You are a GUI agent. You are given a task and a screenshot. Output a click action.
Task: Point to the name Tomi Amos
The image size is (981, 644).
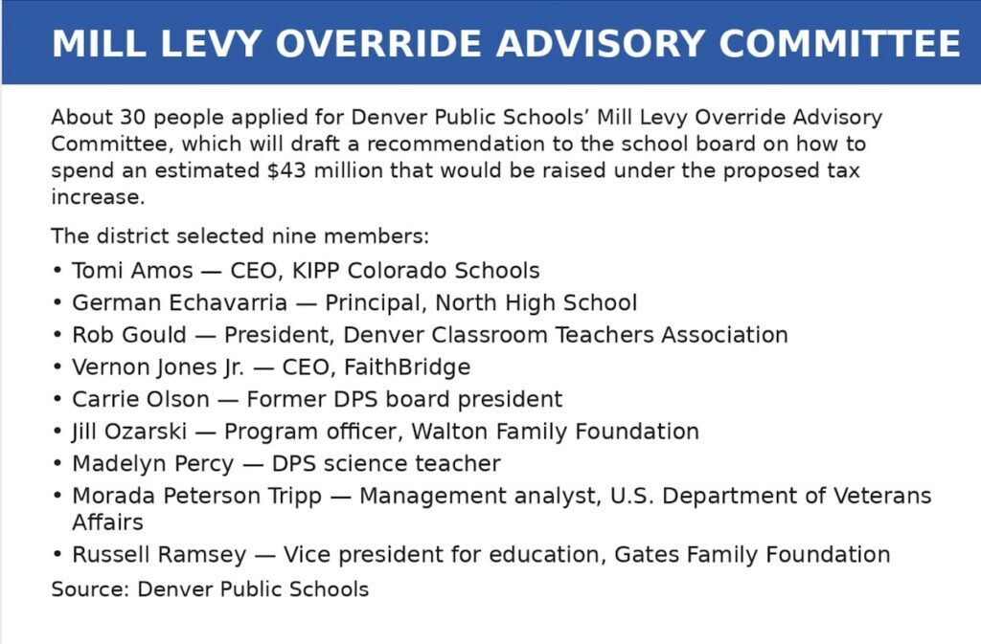[x=132, y=271]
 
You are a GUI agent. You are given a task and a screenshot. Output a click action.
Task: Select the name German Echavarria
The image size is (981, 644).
[x=179, y=303]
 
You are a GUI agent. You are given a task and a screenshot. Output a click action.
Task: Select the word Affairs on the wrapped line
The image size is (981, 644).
[x=107, y=522]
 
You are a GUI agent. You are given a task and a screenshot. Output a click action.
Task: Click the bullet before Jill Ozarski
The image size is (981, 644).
[x=58, y=433]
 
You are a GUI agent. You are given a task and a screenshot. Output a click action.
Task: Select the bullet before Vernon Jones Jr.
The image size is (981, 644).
[x=58, y=368]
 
